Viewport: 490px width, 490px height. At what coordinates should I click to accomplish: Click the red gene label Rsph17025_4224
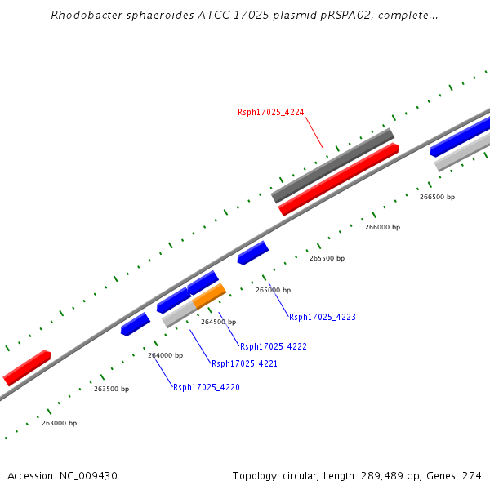[x=270, y=112]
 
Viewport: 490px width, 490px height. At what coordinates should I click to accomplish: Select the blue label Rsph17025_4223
[x=322, y=317]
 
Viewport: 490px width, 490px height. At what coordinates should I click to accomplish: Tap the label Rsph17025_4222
[x=273, y=346]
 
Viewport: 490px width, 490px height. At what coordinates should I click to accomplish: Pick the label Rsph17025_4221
[x=244, y=363]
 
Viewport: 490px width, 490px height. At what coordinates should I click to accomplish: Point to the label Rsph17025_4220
[x=206, y=387]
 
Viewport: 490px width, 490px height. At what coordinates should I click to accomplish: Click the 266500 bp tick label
[x=437, y=197]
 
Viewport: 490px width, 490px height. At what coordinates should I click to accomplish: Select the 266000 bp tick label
[x=382, y=227]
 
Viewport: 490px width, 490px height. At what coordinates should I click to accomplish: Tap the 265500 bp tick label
[x=327, y=258]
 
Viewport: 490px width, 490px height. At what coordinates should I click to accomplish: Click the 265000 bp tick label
[x=273, y=290]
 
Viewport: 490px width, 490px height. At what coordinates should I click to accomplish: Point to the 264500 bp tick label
[x=218, y=323]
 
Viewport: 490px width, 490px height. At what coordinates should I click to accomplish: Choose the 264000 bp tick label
[x=165, y=355]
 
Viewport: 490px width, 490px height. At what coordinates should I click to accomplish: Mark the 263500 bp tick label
[x=111, y=389]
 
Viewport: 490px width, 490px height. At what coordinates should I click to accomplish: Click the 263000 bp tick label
[x=59, y=423]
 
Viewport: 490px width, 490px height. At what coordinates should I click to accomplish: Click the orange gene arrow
[x=209, y=295]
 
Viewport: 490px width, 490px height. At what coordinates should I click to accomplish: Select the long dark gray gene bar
[x=332, y=166]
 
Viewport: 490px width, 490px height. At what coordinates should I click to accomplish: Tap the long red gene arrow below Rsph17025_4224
[x=338, y=180]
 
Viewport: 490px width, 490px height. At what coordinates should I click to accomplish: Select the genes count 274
[x=471, y=476]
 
